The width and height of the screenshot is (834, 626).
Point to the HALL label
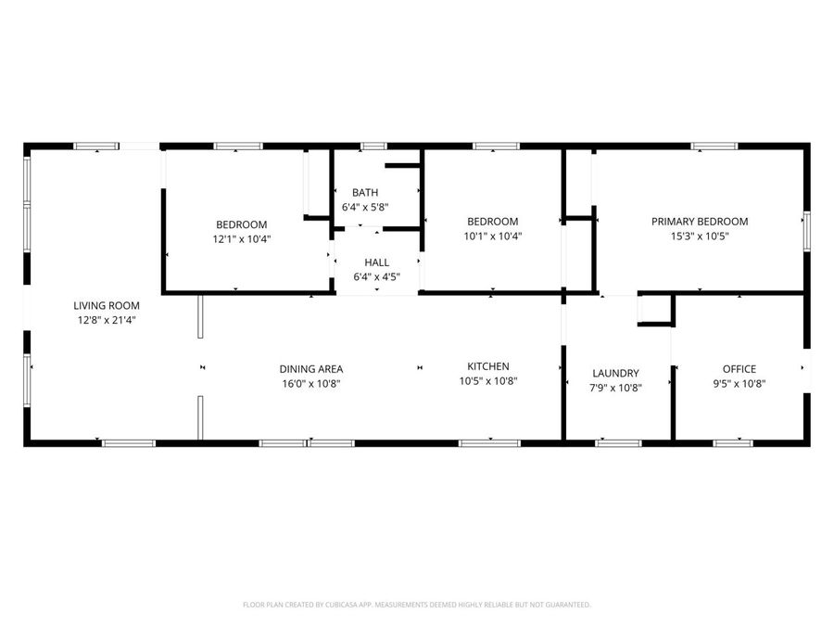(376, 262)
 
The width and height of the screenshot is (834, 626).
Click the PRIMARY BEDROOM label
(700, 222)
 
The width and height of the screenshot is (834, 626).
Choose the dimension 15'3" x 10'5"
(700, 236)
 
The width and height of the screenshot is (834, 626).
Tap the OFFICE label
(739, 369)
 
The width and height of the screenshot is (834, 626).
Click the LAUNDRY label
(615, 374)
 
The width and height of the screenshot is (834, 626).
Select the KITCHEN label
(487, 366)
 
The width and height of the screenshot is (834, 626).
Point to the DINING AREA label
(311, 369)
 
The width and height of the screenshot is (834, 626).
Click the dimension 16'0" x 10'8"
(311, 383)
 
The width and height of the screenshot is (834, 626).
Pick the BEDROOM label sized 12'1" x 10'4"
(242, 224)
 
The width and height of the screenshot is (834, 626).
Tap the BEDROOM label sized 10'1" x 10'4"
(492, 222)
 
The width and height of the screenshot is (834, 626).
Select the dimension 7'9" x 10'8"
(615, 388)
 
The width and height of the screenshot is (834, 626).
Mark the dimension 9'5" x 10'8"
(739, 383)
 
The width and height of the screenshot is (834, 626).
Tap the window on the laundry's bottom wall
(618, 443)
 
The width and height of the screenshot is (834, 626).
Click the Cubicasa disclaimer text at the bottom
(416, 605)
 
